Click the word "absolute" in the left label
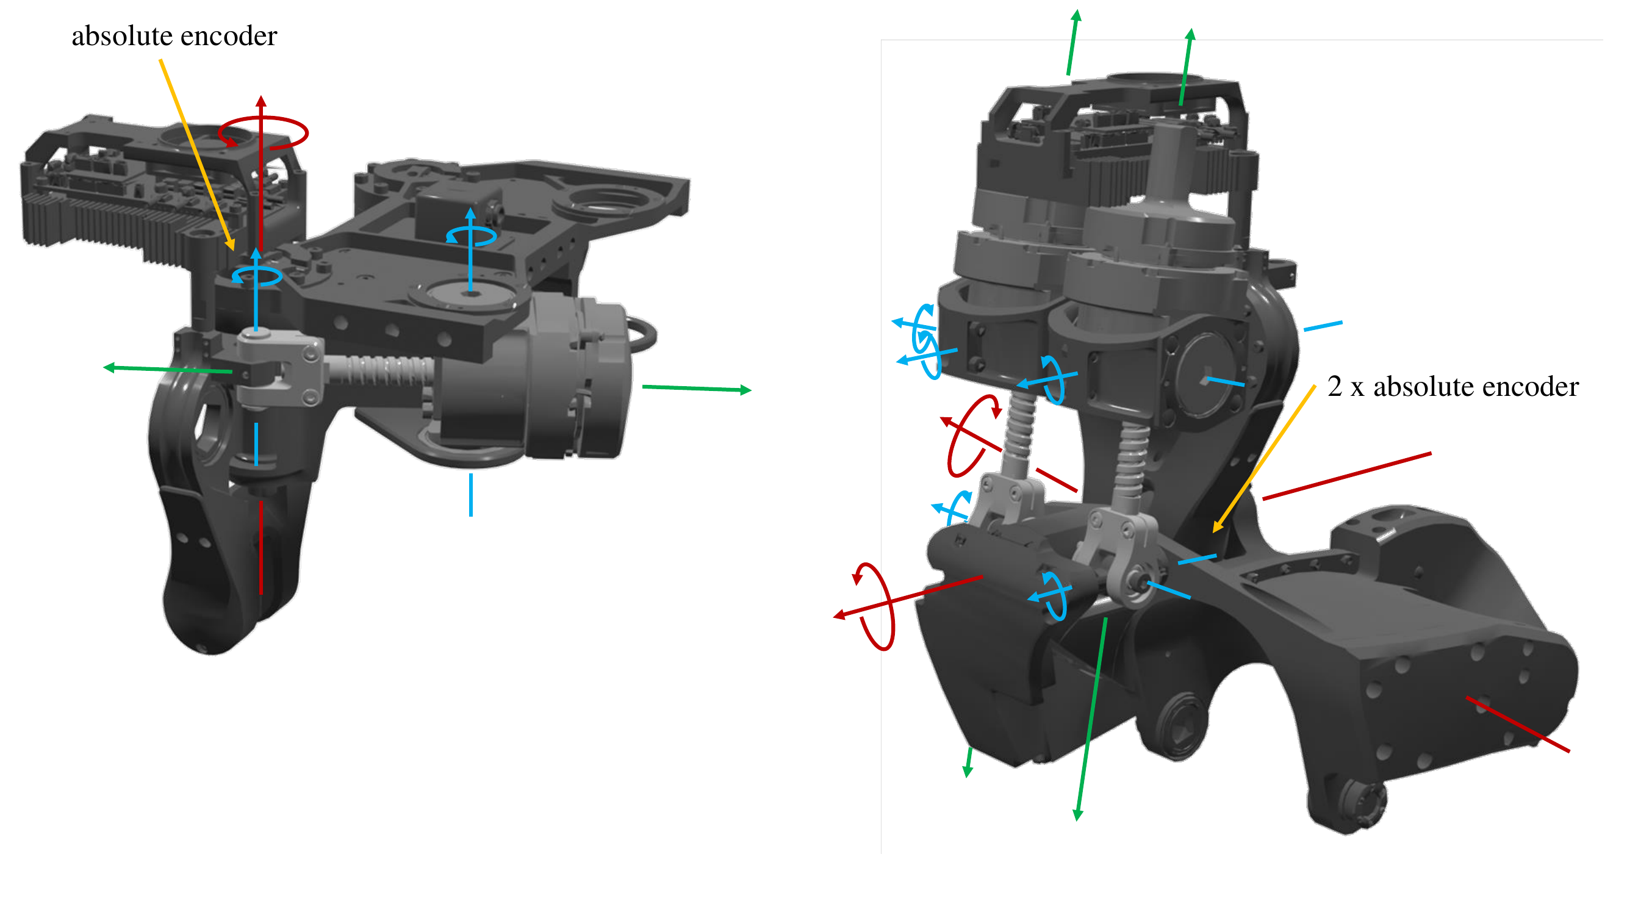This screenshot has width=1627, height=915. (122, 36)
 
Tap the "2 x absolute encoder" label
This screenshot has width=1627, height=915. (1453, 387)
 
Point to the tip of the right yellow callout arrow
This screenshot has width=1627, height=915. (1215, 533)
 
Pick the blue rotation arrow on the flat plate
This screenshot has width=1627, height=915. (471, 235)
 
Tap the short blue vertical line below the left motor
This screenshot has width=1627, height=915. (471, 496)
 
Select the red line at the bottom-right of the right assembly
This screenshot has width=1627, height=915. (1518, 725)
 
